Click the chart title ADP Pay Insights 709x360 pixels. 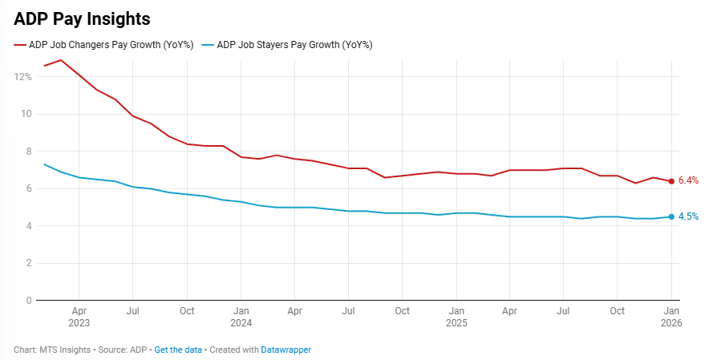(x=82, y=18)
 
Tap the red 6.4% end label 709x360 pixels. (x=688, y=181)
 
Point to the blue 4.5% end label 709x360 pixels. (x=688, y=216)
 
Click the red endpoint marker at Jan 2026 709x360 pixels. (x=671, y=181)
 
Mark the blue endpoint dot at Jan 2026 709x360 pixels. (x=671, y=216)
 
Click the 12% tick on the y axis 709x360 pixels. (x=22, y=77)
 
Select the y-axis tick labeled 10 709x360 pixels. (x=26, y=114)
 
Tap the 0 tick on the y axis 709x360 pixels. (x=28, y=301)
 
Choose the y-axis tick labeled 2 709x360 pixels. (x=28, y=263)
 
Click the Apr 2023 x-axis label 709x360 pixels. (x=79, y=316)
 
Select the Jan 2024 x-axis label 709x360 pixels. (x=241, y=316)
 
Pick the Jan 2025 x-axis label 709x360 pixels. (x=456, y=316)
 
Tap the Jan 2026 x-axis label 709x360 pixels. (x=671, y=316)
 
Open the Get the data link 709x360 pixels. (x=178, y=350)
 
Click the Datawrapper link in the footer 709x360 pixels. (x=286, y=350)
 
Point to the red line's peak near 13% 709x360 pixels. (x=61, y=60)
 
